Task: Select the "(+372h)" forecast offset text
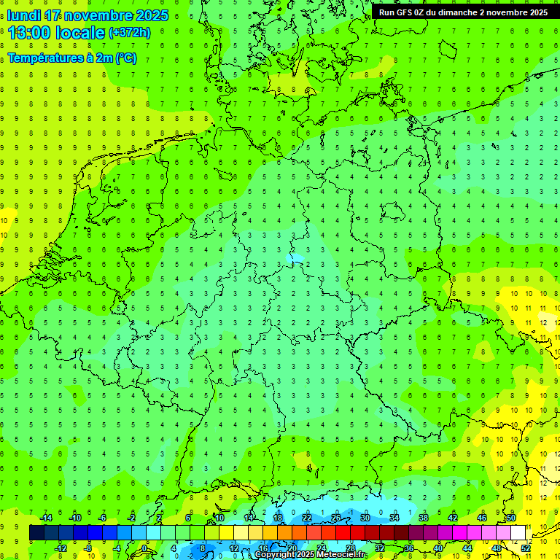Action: pos(130,33)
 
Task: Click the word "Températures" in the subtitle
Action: pos(43,58)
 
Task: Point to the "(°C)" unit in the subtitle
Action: pos(125,58)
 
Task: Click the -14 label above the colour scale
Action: pos(46,518)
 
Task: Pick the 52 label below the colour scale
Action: pos(526,548)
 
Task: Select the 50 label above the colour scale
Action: pos(511,518)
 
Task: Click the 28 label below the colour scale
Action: pos(351,548)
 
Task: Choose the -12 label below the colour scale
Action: pos(61,548)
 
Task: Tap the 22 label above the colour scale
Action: pos(307,518)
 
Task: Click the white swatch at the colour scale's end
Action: pos(518,533)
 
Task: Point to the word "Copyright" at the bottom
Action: pos(275,555)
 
